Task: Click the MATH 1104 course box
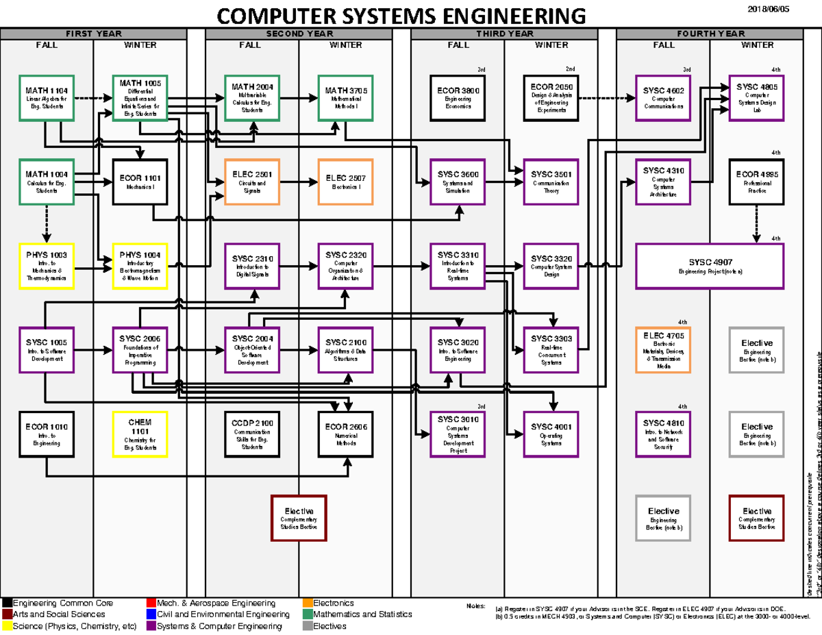[x=47, y=98]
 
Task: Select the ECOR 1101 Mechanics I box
[x=140, y=182]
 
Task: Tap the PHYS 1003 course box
[x=47, y=266]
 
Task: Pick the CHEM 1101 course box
[x=140, y=434]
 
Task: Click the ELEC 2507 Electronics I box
[x=346, y=182]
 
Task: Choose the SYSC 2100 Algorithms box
[x=346, y=349]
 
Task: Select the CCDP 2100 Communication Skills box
[x=252, y=434]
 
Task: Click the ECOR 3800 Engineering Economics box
[x=458, y=98]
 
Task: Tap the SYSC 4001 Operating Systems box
[x=551, y=434]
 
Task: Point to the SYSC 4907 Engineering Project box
[x=710, y=266]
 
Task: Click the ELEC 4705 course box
[x=663, y=349]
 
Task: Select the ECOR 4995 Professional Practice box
[x=757, y=182]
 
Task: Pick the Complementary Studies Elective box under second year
[x=299, y=517]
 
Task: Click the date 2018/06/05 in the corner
[x=768, y=8]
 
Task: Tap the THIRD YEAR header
[x=505, y=34]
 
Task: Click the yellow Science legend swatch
[x=8, y=625]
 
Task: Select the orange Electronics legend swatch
[x=308, y=603]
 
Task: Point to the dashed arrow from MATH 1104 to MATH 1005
[x=92, y=99]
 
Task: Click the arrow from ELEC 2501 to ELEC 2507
[x=299, y=182]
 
